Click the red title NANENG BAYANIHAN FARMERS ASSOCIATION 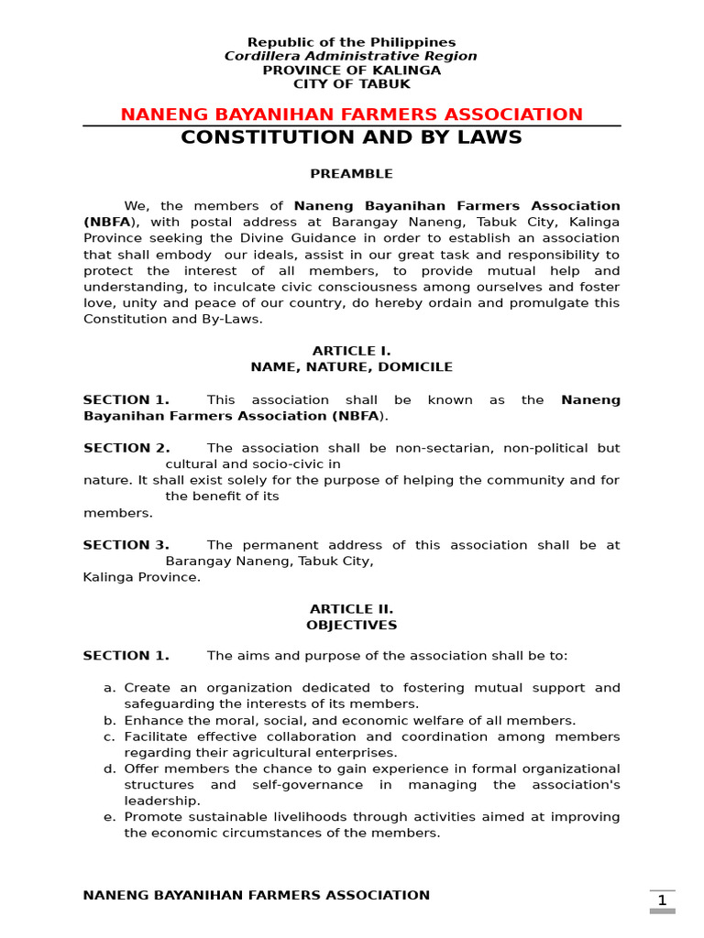(351, 115)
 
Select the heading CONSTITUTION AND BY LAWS (351, 137)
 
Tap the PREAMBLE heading (351, 174)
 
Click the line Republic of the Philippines (351, 43)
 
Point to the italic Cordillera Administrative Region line (351, 57)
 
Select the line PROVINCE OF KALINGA (351, 71)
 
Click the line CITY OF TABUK (351, 84)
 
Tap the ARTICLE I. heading (351, 351)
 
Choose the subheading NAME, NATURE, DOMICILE (351, 367)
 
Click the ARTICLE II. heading (351, 609)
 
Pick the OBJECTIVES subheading (351, 626)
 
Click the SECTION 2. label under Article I (126, 448)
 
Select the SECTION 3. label (126, 545)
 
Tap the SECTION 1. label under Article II (126, 656)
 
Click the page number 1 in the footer (662, 900)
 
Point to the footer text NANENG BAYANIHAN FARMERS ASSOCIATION (256, 896)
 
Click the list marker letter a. (109, 688)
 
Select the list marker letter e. (109, 817)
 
